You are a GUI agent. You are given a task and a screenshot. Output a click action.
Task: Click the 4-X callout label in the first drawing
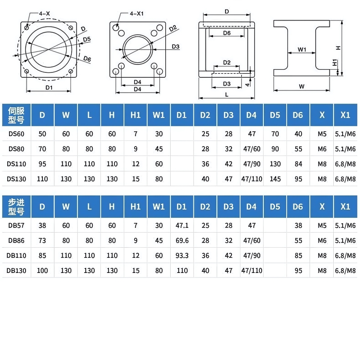click(45, 13)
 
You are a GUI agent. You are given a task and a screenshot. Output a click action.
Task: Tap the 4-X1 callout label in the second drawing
click(137, 13)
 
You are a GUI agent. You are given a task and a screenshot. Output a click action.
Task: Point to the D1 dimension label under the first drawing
click(49, 87)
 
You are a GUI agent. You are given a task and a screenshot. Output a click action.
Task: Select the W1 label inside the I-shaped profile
click(302, 50)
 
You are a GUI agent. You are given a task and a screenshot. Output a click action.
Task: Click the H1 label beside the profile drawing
click(334, 62)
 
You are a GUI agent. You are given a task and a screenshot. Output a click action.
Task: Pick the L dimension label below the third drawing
click(226, 94)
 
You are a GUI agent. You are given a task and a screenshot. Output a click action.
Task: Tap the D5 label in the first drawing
click(86, 39)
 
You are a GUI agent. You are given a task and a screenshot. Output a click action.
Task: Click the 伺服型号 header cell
click(16, 115)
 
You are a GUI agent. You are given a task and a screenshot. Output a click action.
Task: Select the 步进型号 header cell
click(16, 207)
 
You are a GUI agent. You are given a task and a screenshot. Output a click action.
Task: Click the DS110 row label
click(16, 164)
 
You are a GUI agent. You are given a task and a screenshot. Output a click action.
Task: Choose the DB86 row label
click(16, 240)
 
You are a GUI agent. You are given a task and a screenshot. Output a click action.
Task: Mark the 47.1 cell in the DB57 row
click(182, 226)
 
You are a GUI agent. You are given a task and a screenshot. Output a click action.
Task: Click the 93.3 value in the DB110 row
click(182, 256)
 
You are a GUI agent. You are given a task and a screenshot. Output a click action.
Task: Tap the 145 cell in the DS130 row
click(275, 179)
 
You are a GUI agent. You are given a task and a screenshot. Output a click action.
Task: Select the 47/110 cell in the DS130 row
click(252, 179)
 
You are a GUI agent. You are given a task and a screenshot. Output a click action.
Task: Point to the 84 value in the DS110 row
click(298, 164)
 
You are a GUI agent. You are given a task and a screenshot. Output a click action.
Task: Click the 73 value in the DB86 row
click(42, 240)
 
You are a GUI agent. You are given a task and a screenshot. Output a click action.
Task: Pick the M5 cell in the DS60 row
click(322, 134)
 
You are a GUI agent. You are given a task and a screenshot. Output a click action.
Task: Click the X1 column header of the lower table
click(345, 207)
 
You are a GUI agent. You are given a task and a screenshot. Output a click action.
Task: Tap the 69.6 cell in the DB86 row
click(182, 240)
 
